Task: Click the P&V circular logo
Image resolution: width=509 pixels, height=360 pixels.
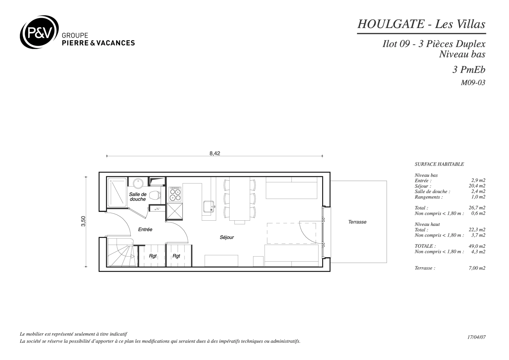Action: click(39, 32)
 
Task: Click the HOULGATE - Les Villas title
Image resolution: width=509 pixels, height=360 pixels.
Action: click(421, 24)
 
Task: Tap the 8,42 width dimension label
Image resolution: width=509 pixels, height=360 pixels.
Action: click(215, 154)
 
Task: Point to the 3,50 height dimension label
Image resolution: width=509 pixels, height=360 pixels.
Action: click(83, 221)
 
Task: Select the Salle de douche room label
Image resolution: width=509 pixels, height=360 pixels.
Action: click(138, 197)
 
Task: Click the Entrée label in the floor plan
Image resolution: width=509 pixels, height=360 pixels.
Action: click(145, 229)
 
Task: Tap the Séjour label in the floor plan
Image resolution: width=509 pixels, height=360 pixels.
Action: click(227, 237)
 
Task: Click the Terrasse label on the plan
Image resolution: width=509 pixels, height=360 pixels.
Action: click(357, 222)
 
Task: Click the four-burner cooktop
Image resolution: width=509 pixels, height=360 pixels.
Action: click(175, 194)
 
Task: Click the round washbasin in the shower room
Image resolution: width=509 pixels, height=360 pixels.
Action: click(138, 183)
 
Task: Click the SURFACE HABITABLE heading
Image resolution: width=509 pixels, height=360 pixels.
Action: click(439, 164)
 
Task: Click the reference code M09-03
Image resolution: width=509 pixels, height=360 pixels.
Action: click(473, 83)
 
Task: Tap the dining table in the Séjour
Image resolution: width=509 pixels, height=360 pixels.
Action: click(240, 199)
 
